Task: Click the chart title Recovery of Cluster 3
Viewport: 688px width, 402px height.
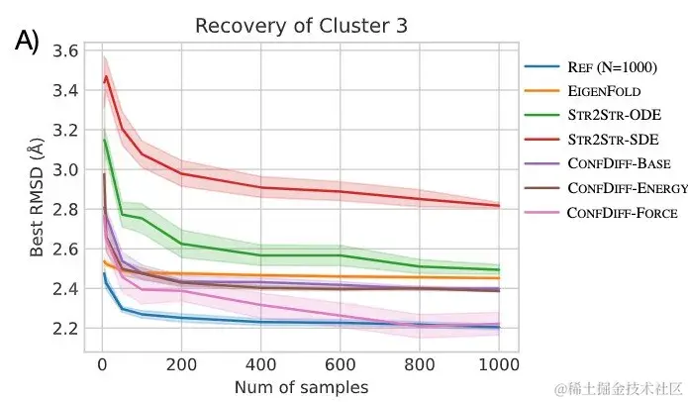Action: [287, 25]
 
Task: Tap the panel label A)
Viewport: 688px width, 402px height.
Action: [27, 42]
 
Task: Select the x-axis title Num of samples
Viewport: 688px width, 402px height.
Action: [301, 386]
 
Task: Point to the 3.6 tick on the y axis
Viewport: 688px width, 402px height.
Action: [66, 50]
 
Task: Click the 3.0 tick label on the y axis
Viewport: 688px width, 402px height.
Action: [66, 169]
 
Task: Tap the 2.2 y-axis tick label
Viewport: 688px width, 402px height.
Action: [66, 328]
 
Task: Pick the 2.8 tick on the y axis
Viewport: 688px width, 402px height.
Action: [66, 209]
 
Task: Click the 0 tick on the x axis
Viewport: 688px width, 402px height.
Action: [101, 362]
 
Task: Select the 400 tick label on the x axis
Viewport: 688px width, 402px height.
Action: [260, 362]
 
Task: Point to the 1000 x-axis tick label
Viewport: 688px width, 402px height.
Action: [499, 362]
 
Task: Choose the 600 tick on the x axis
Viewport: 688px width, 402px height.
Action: [341, 362]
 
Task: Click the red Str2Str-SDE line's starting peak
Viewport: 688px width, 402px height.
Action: [106, 77]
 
